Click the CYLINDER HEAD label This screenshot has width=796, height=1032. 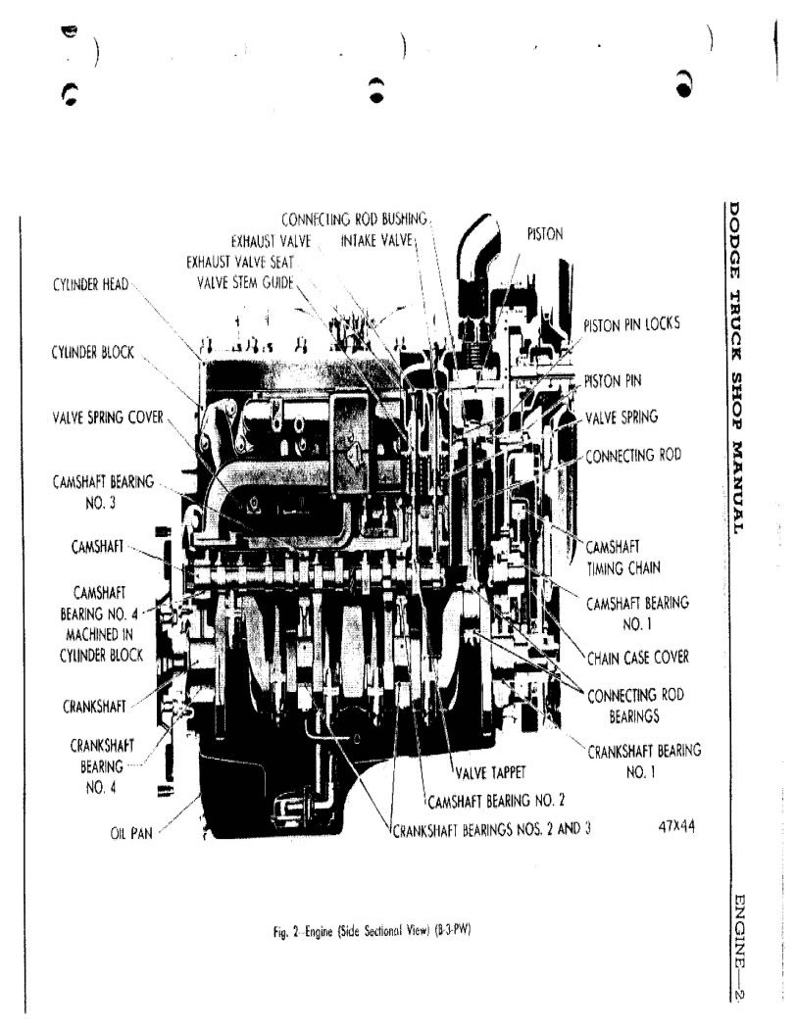tap(91, 285)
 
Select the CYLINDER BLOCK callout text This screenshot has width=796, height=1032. tap(93, 352)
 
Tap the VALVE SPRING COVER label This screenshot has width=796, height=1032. tap(108, 418)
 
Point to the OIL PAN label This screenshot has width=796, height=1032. tap(131, 833)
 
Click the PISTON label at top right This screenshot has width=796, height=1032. tap(545, 233)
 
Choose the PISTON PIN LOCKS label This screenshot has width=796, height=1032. tap(631, 323)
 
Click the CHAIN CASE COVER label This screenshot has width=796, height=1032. tap(637, 657)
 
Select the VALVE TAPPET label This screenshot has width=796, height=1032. tap(490, 772)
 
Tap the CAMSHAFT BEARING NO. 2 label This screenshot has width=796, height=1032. tap(496, 801)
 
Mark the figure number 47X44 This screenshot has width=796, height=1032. tap(676, 826)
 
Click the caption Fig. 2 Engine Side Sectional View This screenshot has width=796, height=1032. tap(372, 931)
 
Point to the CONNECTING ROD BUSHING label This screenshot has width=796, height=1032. tap(354, 219)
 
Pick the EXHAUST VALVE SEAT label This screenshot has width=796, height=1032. tap(240, 262)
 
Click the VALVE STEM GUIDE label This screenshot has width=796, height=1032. tap(246, 283)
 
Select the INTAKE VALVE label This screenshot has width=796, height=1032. tap(376, 240)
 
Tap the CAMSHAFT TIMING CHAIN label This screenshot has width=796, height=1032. tap(622, 557)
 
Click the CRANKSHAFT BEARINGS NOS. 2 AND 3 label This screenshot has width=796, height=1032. tap(491, 829)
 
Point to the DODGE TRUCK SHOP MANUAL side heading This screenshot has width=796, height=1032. tap(735, 368)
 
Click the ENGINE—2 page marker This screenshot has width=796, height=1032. tap(739, 945)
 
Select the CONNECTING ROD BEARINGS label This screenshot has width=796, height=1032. tap(635, 706)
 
